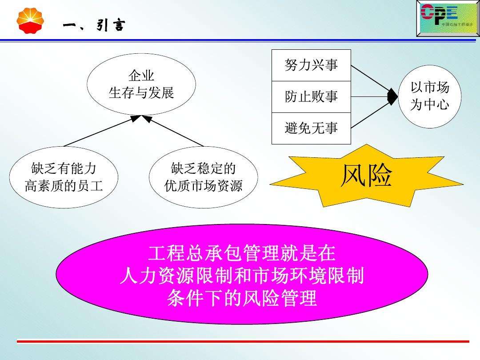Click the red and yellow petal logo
[x=30, y=21]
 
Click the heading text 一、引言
[x=93, y=26]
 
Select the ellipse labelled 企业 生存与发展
[x=141, y=84]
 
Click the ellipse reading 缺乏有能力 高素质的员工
[x=64, y=177]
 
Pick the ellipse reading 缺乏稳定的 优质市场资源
[x=203, y=177]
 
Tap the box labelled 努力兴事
[x=311, y=65]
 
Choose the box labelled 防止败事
[x=311, y=96]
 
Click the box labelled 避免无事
[x=311, y=128]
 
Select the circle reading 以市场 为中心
[x=429, y=96]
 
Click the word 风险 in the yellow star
[x=366, y=176]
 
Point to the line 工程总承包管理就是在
[x=242, y=255]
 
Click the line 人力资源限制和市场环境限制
[x=242, y=276]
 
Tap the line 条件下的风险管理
[x=242, y=298]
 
